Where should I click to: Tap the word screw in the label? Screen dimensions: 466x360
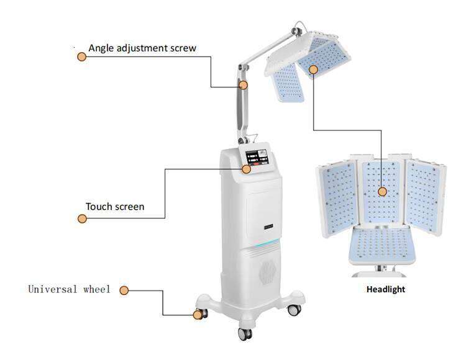tap(183, 48)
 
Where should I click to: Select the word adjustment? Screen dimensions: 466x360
tap(142, 48)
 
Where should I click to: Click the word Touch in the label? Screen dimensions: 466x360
tap(96, 207)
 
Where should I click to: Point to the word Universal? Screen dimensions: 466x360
tap(53, 289)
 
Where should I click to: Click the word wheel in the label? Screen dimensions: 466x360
tap(97, 289)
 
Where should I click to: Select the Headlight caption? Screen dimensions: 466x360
tap(386, 289)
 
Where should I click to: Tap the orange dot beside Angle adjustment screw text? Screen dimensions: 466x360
tap(82, 56)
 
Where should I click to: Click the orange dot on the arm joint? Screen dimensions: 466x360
tap(243, 85)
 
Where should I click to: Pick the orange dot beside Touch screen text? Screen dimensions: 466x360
tap(82, 218)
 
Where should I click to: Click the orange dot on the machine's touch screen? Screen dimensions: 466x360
tap(246, 169)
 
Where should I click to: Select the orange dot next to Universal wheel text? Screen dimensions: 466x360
tap(124, 290)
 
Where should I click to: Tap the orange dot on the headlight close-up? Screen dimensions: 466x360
tap(383, 192)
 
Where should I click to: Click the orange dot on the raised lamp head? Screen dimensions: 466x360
tap(313, 70)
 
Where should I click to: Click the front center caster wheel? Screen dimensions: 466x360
tap(245, 334)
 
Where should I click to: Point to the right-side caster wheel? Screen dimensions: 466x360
tap(295, 310)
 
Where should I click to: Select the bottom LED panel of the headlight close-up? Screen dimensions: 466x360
tap(382, 245)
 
